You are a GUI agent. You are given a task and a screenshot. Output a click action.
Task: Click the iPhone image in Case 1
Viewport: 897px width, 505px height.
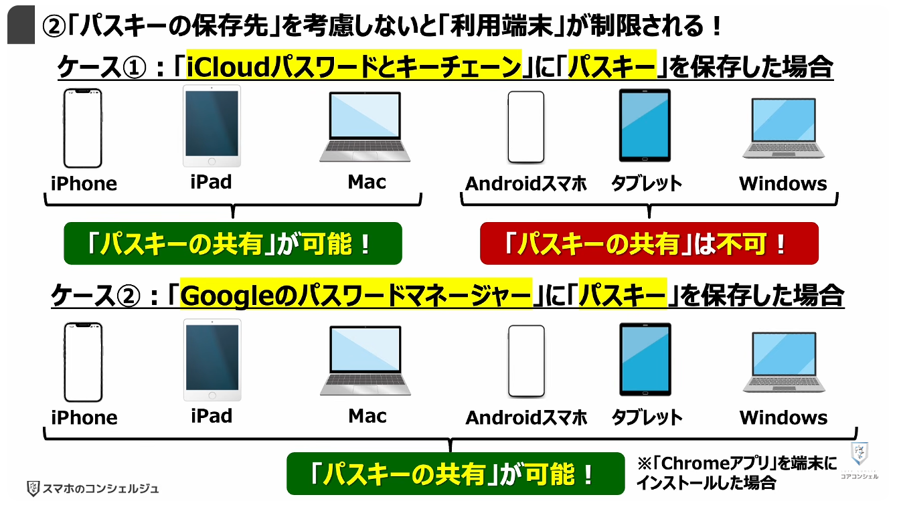82,128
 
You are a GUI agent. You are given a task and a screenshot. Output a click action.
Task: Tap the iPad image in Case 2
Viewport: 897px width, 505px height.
212,360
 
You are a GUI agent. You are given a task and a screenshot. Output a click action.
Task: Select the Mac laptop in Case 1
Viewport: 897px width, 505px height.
365,127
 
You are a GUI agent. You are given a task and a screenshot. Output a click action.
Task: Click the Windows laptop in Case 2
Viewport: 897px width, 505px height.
784,362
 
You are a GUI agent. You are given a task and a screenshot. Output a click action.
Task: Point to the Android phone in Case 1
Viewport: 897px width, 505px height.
525,127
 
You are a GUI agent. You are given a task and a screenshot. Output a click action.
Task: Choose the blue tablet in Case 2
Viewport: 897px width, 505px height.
645,360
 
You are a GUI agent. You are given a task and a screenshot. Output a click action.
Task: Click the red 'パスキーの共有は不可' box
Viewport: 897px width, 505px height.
649,243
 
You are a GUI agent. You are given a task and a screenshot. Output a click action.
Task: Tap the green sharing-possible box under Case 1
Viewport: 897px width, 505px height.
233,243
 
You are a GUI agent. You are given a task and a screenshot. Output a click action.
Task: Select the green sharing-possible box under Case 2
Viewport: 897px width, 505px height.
456,474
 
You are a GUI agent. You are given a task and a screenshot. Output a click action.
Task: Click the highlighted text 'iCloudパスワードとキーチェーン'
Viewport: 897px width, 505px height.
354,66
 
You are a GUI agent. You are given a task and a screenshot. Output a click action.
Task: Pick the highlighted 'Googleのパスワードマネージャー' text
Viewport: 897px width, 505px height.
356,294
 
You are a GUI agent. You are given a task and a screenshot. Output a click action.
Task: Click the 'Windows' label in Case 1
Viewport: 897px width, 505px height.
783,184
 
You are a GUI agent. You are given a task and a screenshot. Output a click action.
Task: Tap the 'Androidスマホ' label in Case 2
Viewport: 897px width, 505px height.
525,418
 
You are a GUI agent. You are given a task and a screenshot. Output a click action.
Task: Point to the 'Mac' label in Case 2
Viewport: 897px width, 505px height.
368,416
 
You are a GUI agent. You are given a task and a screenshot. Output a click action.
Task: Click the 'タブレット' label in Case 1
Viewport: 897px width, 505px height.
647,184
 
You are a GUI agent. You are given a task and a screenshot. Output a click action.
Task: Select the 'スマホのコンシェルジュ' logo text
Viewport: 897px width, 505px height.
100,488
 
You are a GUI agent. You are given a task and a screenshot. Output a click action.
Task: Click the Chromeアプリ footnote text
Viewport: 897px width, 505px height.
737,474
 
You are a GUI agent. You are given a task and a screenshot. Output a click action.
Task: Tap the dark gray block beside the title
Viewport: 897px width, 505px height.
21,24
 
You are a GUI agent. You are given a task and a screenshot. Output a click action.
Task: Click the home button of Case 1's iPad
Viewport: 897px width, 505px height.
212,161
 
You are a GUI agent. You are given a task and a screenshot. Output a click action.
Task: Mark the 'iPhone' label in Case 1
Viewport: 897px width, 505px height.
84,184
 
